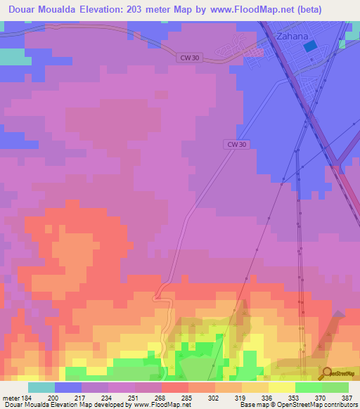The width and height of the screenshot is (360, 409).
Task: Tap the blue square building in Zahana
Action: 310,46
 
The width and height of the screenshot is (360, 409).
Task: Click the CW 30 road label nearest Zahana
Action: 188,59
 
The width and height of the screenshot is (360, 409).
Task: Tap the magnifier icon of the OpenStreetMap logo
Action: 328,372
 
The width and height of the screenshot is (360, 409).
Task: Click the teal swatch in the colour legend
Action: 41,387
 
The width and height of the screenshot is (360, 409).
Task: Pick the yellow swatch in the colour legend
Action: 281,387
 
